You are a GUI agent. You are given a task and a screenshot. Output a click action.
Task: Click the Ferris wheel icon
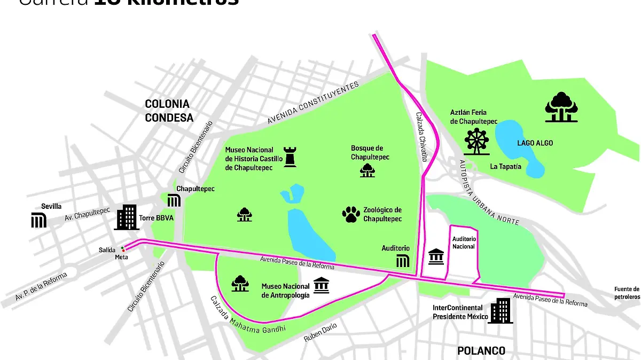click(x=476, y=139)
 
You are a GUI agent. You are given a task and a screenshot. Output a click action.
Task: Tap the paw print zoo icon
click(x=351, y=214)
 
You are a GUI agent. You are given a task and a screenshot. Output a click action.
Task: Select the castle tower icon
click(x=290, y=155)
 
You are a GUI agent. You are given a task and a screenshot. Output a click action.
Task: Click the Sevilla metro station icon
click(x=39, y=220)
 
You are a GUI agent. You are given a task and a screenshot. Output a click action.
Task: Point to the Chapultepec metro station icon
click(x=174, y=201)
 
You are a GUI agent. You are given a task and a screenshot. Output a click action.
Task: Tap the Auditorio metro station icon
click(x=403, y=261)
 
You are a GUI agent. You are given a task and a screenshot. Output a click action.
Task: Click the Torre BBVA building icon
click(x=127, y=217)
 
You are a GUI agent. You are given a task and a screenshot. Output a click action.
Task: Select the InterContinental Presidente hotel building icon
click(x=501, y=311)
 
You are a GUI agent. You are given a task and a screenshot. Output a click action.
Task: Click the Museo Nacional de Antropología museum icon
click(x=321, y=286)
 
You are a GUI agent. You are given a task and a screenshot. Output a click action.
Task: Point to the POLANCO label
click(x=481, y=351)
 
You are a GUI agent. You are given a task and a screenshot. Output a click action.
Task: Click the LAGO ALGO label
click(x=535, y=143)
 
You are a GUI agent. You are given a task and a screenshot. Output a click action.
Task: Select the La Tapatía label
click(x=506, y=167)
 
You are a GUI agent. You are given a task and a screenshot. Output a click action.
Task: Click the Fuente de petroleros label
click(x=627, y=293)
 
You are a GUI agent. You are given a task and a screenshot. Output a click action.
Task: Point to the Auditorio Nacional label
click(x=463, y=242)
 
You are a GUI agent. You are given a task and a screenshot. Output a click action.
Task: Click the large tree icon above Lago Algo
click(x=561, y=107)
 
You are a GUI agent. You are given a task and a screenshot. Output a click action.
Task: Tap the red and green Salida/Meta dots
click(x=123, y=249)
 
